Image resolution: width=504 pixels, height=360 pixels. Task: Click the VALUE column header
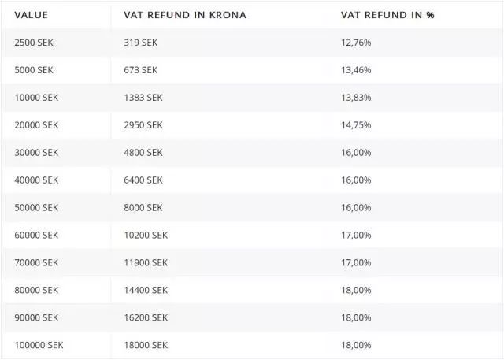(x=31, y=15)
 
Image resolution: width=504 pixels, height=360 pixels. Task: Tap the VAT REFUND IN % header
(x=387, y=15)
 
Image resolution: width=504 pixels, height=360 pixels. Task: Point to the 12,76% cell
(x=356, y=43)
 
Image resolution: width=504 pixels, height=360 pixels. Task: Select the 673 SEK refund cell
(x=141, y=70)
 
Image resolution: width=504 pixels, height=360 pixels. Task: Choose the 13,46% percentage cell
(x=356, y=70)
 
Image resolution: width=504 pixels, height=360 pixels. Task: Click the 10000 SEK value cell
(x=36, y=98)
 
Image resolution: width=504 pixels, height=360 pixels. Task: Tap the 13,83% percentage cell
(x=356, y=98)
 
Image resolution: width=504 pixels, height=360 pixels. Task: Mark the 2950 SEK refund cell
(x=143, y=125)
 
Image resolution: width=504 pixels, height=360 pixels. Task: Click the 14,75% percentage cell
(x=356, y=125)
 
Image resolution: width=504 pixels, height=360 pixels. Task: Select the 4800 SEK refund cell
(x=143, y=153)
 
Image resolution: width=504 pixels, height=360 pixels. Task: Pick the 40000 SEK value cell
(x=36, y=180)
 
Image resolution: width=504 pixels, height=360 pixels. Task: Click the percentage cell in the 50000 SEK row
(x=356, y=208)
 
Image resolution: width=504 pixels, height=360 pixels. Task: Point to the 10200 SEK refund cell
(x=146, y=236)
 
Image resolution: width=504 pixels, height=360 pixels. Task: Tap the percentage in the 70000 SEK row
(x=356, y=263)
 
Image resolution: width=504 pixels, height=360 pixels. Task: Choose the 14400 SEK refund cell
(x=146, y=291)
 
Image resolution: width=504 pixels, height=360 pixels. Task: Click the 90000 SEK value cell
(x=36, y=318)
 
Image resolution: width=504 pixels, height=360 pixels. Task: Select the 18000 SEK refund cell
(x=146, y=346)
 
